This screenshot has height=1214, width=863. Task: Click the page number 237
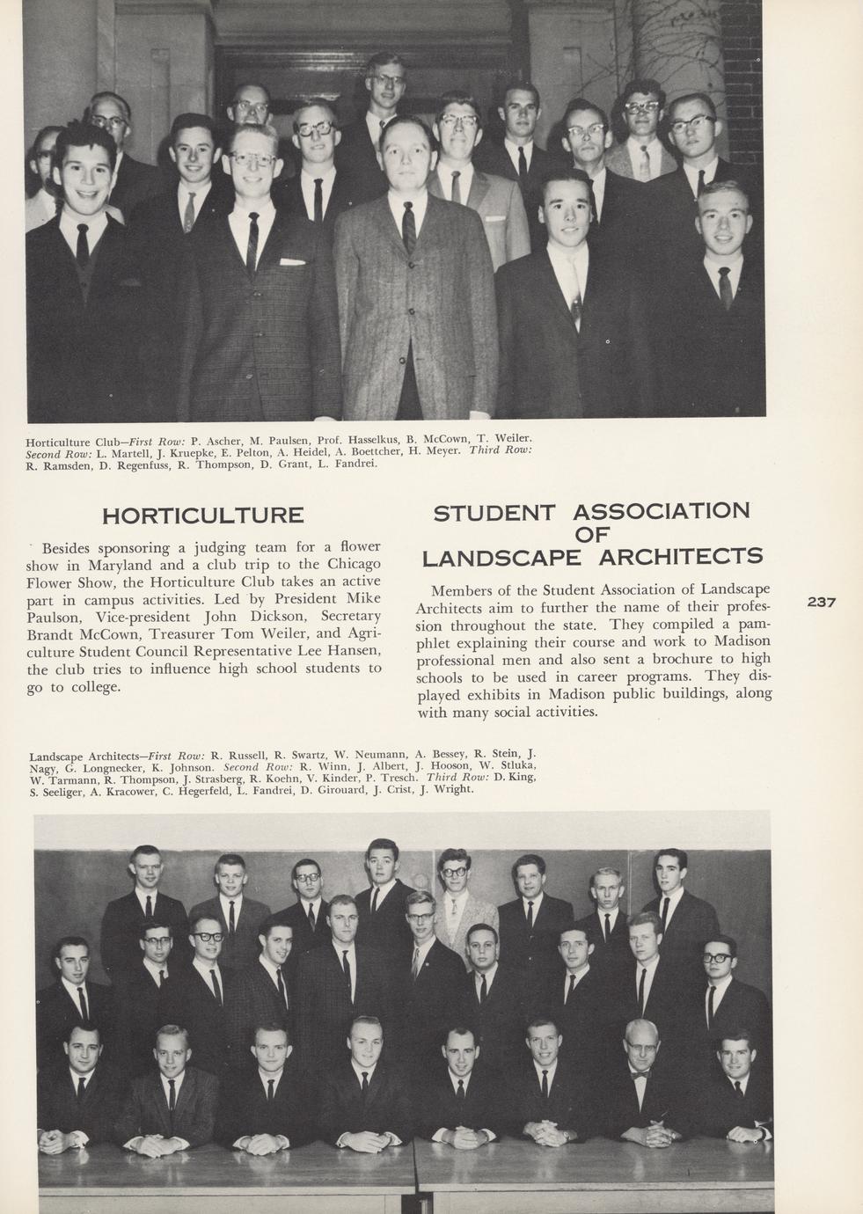[x=820, y=603]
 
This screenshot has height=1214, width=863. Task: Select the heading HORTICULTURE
[x=203, y=516]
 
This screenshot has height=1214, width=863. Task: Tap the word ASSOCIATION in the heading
[x=662, y=511]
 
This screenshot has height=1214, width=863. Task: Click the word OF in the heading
[x=592, y=534]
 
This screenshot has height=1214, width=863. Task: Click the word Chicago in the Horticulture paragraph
[x=353, y=564]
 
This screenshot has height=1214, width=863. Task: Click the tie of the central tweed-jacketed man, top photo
[x=408, y=223]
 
